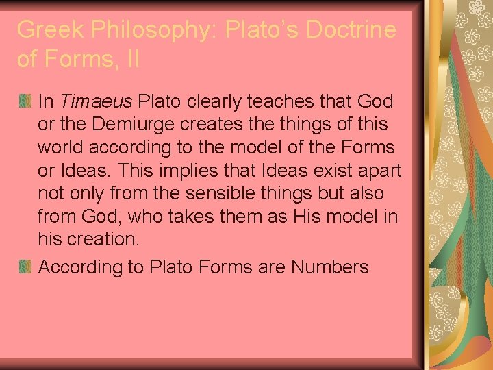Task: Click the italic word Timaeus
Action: click(x=96, y=102)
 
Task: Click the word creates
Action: click(x=214, y=125)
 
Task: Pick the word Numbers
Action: click(x=329, y=267)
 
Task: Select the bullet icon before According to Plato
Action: click(x=25, y=267)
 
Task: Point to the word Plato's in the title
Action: click(x=251, y=29)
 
